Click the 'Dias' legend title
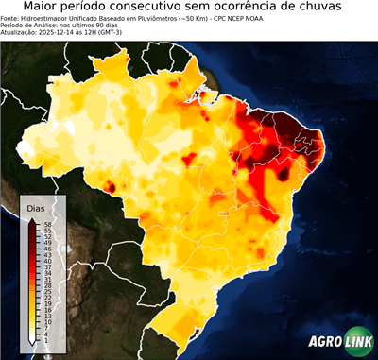pyautogui.click(x=36, y=208)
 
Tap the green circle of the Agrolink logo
pyautogui.click(x=360, y=342)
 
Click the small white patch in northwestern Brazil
pyautogui.click(x=68, y=127)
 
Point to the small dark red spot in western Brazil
pyautogui.click(x=110, y=187)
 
